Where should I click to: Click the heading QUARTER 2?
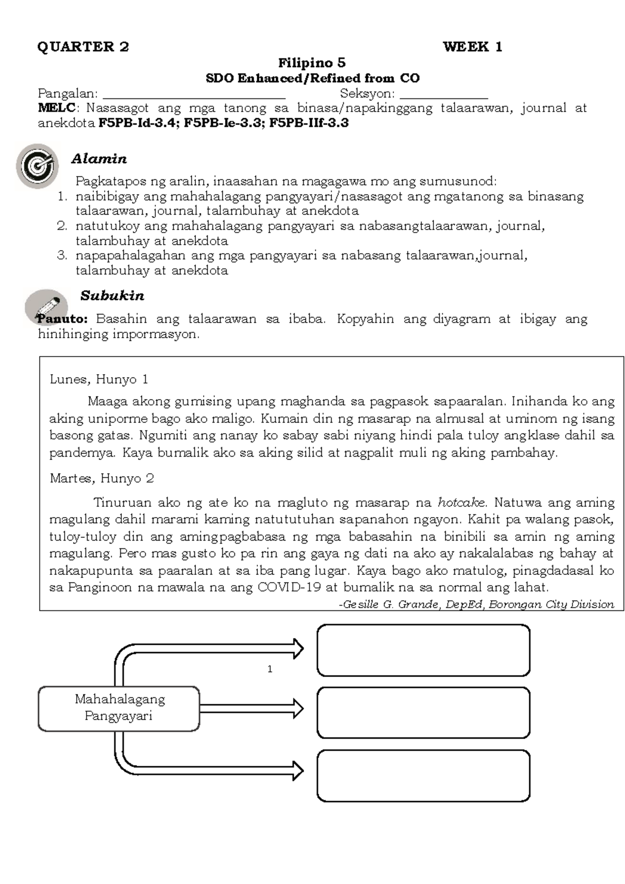(83, 47)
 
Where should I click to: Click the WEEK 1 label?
(472, 47)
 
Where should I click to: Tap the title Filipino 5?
(311, 63)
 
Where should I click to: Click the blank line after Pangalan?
(194, 95)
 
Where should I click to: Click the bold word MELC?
(56, 108)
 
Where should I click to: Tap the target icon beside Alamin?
(36, 166)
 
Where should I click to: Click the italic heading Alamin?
(99, 158)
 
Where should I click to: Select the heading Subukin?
(112, 296)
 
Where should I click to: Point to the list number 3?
(62, 255)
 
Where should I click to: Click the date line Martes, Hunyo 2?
(102, 478)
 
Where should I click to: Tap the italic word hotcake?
(461, 502)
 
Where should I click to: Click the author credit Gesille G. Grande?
(391, 605)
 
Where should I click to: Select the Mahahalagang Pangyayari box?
(119, 708)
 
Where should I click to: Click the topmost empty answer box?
(423, 650)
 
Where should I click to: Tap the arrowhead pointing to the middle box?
(297, 708)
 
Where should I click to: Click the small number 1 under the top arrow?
(270, 669)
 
